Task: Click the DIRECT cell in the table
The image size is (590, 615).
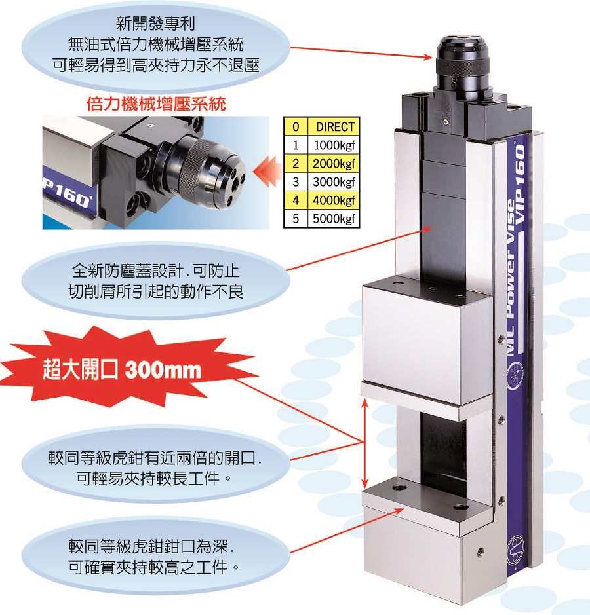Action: [334, 127]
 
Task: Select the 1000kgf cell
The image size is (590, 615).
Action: [334, 145]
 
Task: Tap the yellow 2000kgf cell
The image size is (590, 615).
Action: [334, 164]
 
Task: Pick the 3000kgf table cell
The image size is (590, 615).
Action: [334, 182]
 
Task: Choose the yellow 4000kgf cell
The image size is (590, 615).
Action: [334, 200]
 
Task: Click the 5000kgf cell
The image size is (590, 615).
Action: [334, 219]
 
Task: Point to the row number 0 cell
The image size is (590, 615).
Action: [296, 127]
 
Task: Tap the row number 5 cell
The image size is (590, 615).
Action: [296, 219]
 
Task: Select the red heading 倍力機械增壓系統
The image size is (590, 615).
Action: [156, 104]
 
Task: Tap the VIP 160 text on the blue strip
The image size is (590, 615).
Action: [522, 190]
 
